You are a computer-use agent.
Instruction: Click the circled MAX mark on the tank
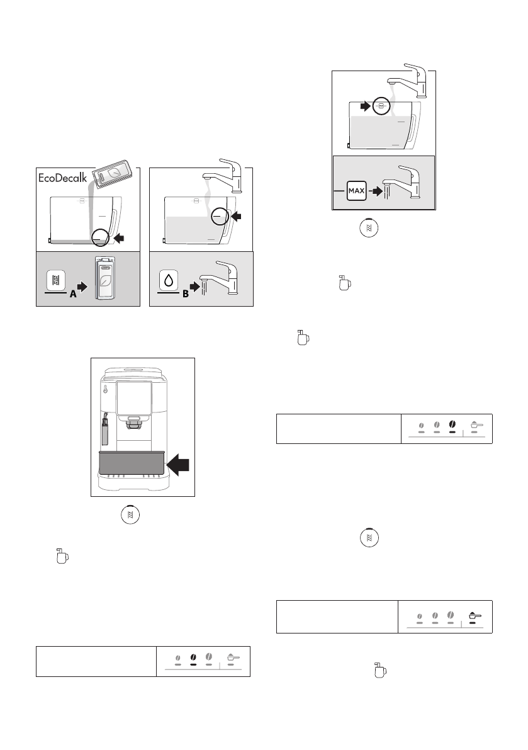pyautogui.click(x=381, y=106)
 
